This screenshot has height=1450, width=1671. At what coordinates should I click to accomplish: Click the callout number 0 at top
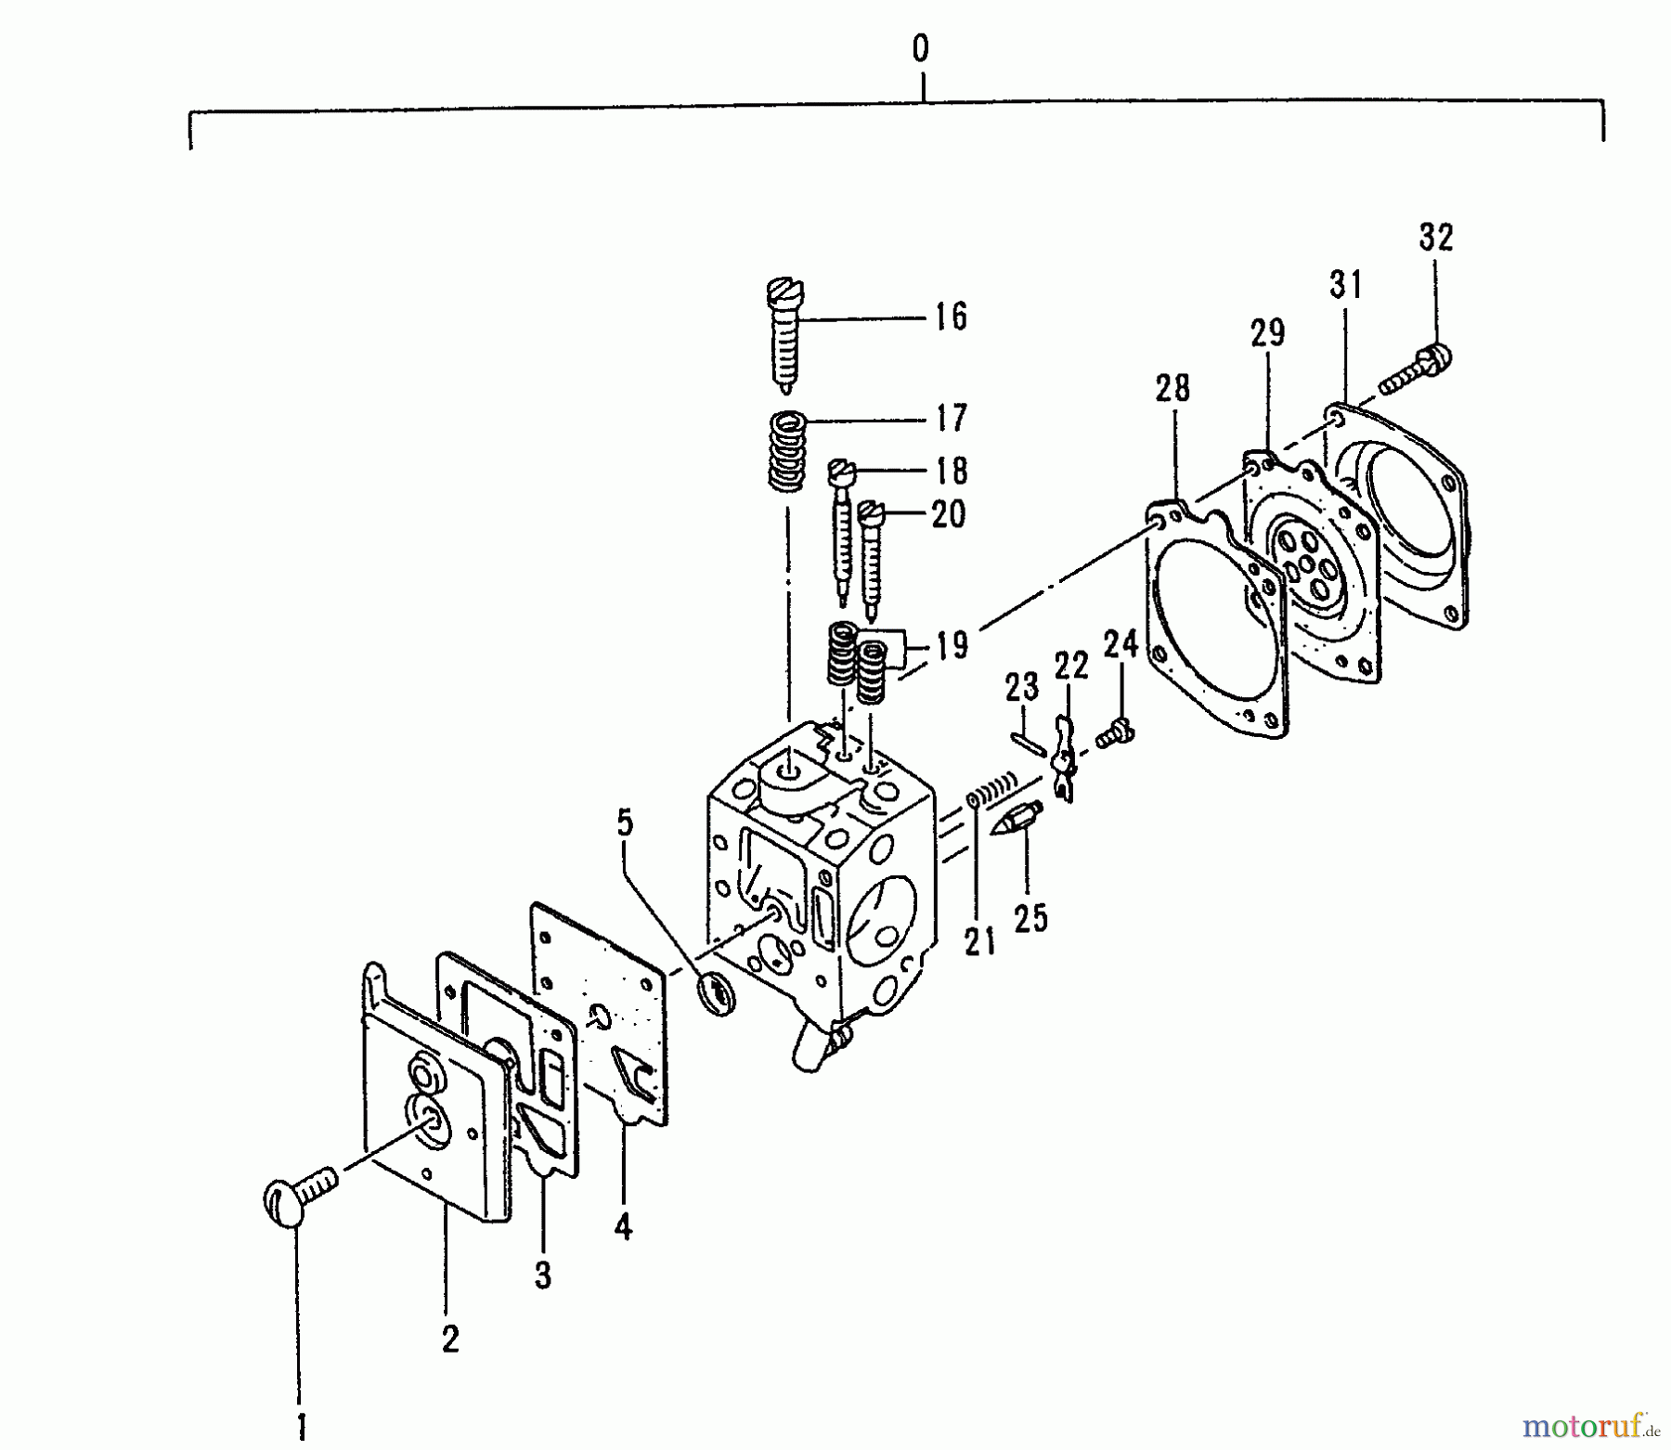tap(919, 49)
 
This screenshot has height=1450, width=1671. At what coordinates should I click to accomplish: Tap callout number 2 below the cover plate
tap(450, 1340)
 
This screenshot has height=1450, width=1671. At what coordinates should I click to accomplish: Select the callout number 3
tap(543, 1275)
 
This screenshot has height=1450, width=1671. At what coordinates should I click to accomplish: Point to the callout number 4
tap(623, 1227)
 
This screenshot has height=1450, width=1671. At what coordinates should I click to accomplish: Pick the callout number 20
tap(948, 513)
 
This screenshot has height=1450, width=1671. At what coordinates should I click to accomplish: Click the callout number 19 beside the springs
tap(951, 644)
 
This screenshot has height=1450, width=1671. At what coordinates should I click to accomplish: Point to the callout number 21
tap(978, 942)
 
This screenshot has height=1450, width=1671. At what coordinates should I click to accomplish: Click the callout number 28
tap(1172, 388)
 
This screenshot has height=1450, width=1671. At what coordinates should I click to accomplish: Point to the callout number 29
tap(1267, 333)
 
